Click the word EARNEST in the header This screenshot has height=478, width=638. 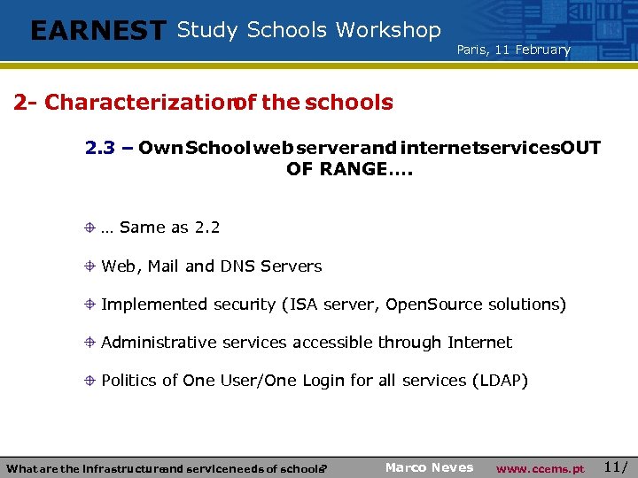click(97, 31)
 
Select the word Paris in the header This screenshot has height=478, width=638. click(471, 50)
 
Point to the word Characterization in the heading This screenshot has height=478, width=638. click(137, 103)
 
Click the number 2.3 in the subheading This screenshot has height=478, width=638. click(100, 147)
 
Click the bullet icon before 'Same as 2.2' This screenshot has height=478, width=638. click(90, 227)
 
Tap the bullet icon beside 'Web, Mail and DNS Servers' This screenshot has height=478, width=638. click(90, 266)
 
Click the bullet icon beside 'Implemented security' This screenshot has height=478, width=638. click(90, 304)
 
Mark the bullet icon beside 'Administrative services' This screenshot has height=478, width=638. click(90, 342)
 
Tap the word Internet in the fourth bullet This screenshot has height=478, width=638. click(479, 342)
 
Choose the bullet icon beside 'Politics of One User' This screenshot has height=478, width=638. click(90, 380)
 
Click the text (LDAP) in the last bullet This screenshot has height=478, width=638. click(500, 381)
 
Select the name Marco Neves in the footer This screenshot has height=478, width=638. click(429, 467)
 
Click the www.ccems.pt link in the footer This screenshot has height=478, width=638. click(540, 468)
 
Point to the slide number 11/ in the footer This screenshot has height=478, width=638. click(616, 466)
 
